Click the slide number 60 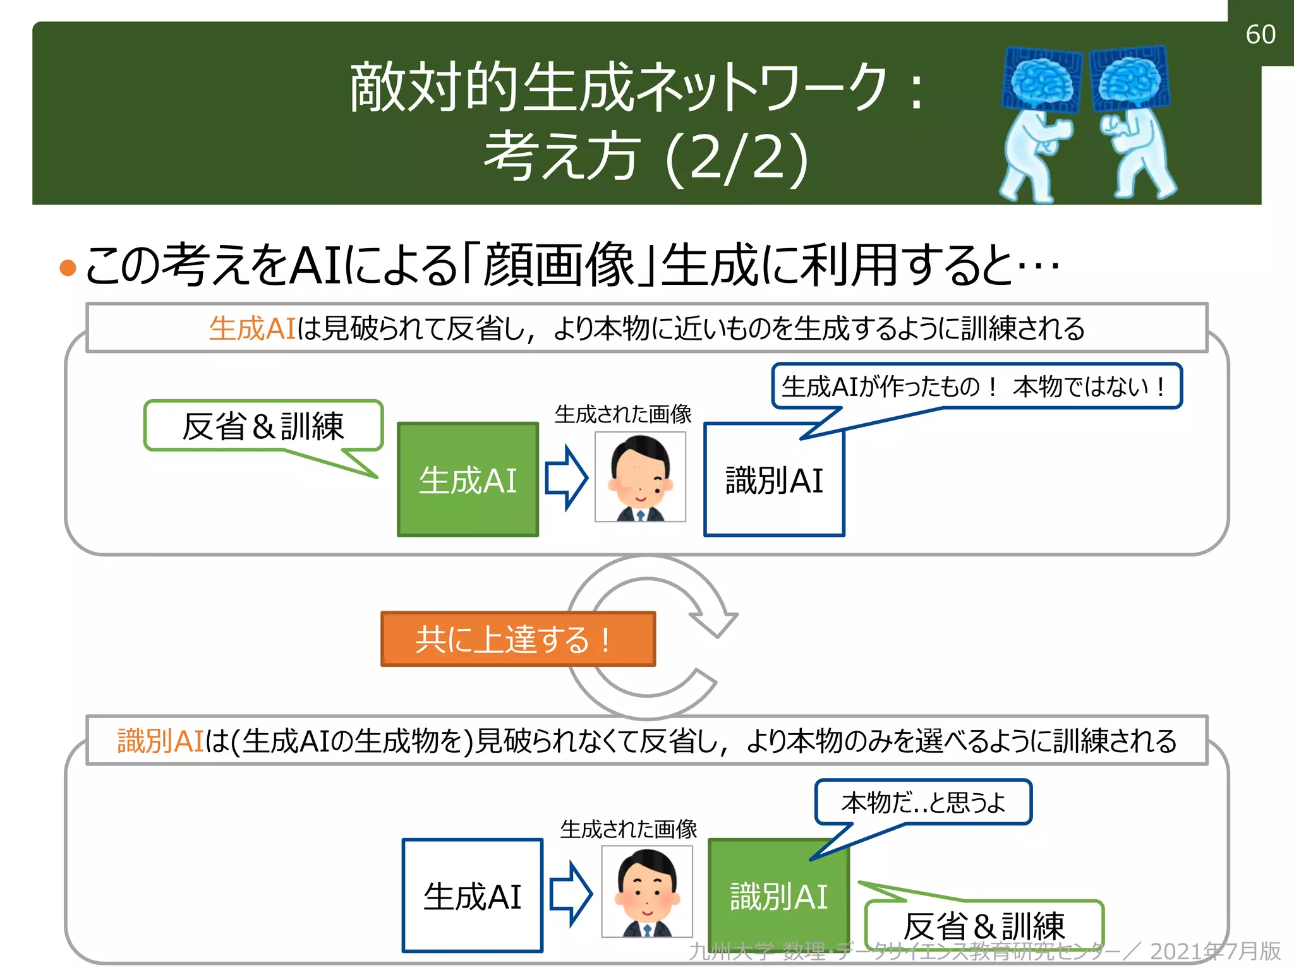1260,34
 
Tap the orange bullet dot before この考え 68,268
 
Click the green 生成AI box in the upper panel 468,480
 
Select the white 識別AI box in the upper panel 774,480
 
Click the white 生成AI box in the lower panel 473,895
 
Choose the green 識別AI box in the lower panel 778,895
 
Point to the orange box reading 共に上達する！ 518,639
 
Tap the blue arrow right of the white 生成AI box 571,894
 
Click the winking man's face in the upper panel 640,477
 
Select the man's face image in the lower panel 647,892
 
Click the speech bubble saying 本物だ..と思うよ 923,802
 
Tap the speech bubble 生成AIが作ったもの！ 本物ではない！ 976,386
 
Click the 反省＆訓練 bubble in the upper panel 263,426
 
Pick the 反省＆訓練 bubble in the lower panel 984,925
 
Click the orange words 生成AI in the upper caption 252,328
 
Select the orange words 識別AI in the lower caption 160,741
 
